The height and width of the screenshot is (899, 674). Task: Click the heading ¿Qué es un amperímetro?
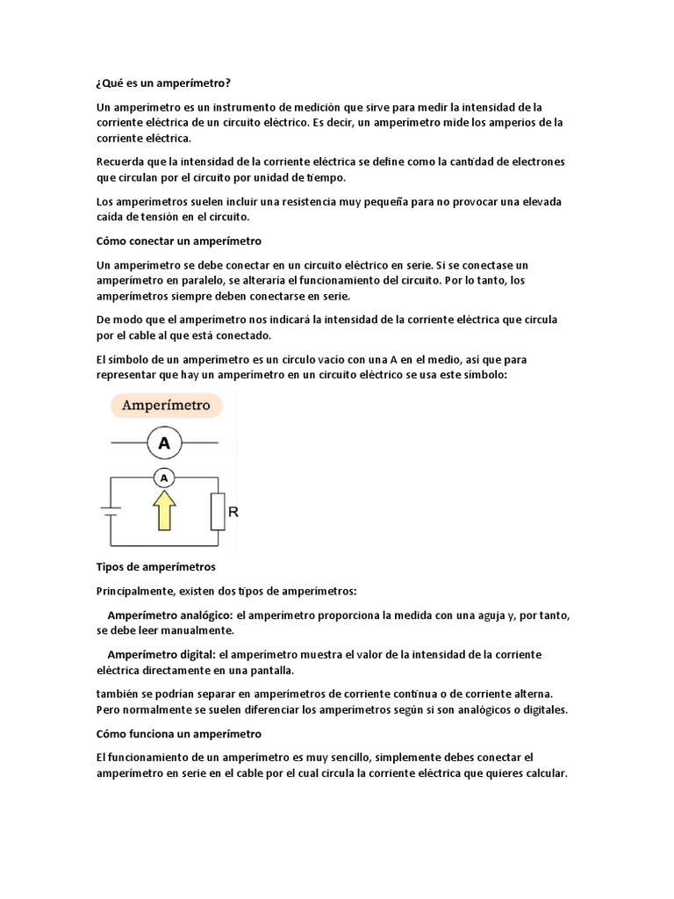163,83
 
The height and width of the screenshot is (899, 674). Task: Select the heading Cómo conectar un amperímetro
179,241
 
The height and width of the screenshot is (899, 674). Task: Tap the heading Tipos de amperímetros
155,567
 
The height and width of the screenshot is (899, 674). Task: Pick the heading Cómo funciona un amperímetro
178,733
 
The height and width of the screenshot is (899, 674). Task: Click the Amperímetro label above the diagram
165,406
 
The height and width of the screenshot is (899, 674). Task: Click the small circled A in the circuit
163,478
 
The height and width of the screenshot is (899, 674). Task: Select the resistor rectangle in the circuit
218,511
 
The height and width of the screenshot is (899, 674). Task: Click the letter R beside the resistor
233,511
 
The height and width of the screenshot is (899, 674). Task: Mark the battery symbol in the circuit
110,511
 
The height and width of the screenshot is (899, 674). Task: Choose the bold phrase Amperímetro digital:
161,655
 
